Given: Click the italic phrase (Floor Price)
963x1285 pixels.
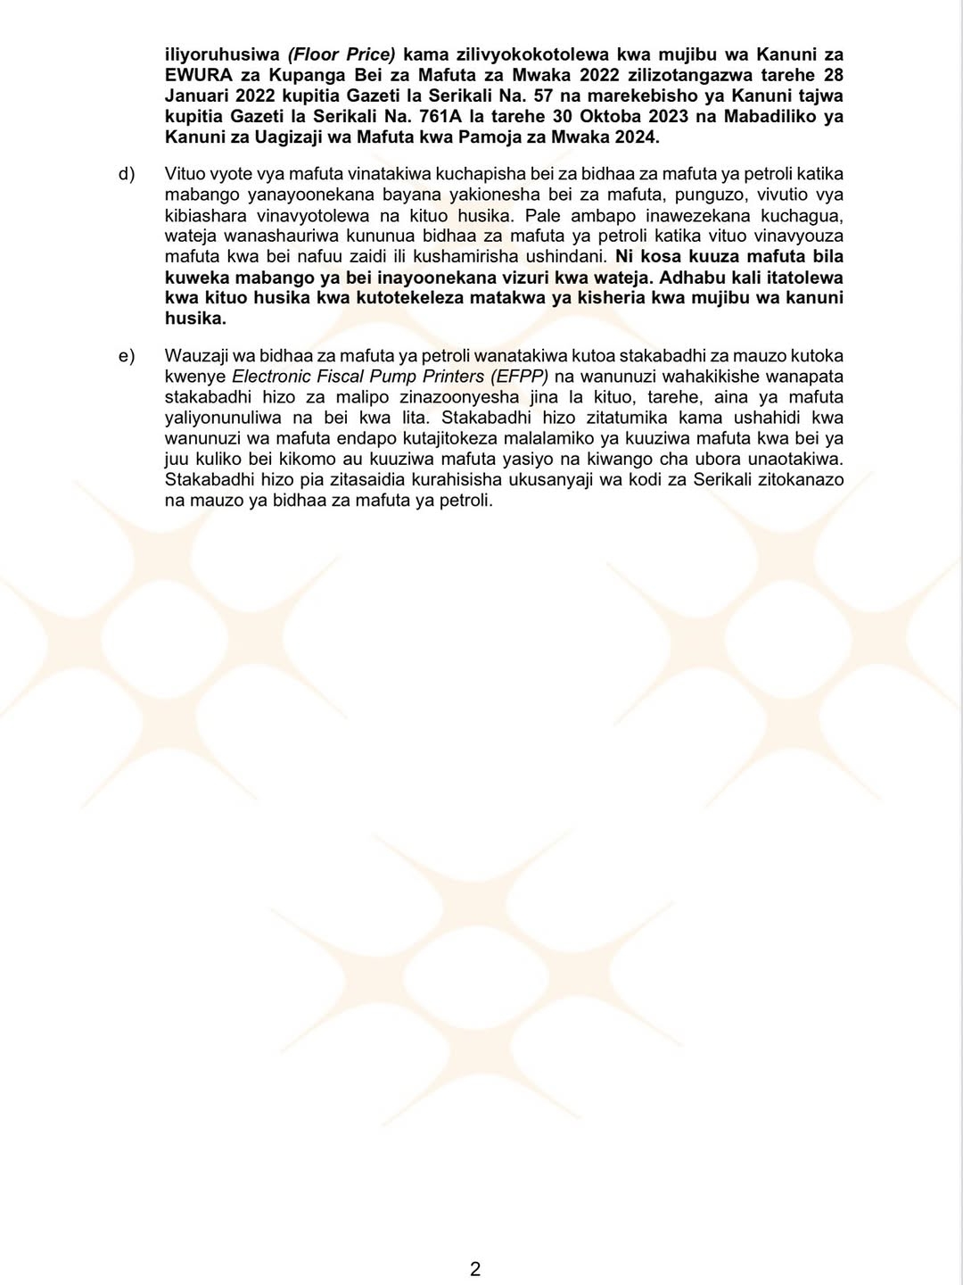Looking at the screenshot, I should tap(341, 55).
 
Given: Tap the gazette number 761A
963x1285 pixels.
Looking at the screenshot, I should tap(436, 117).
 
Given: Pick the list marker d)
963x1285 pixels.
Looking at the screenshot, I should tap(126, 174).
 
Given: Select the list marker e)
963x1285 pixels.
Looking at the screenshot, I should tap(126, 356).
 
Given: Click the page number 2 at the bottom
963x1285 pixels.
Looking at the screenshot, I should tap(475, 1269).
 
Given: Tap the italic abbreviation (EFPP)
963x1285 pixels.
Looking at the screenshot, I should tap(520, 377).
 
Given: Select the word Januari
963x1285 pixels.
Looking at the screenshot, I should tap(196, 96).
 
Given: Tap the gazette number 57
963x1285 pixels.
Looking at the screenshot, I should tap(543, 96).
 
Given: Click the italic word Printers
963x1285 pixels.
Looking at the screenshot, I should tap(454, 377).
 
